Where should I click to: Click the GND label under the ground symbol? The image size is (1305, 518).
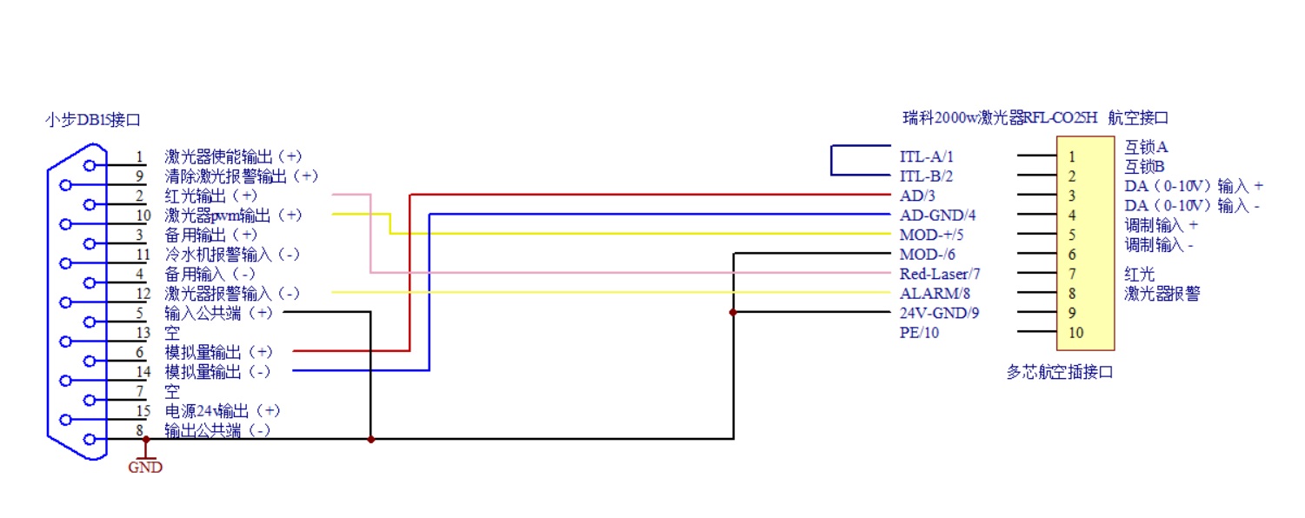145,468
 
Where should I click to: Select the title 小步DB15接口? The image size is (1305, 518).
93,120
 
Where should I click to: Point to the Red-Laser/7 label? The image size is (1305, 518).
940,274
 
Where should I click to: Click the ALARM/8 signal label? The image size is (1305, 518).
935,294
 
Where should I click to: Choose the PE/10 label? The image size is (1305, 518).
919,333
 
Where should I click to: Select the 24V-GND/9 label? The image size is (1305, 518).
939,313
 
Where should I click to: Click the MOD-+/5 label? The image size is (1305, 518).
932,235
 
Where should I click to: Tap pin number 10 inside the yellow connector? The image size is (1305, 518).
1076,332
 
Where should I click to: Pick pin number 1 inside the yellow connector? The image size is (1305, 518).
1072,157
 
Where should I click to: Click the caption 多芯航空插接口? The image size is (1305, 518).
1059,373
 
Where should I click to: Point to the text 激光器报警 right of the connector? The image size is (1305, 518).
1162,294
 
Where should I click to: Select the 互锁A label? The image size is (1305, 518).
1146,147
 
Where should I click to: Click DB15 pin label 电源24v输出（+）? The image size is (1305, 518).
223,410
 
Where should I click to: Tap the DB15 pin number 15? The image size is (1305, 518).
143,410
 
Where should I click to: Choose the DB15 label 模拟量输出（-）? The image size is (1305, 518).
217,372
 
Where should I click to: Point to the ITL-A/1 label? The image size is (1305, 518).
926,157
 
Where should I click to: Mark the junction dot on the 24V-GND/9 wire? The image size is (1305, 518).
733,313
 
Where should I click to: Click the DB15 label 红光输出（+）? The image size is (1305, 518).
211,196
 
